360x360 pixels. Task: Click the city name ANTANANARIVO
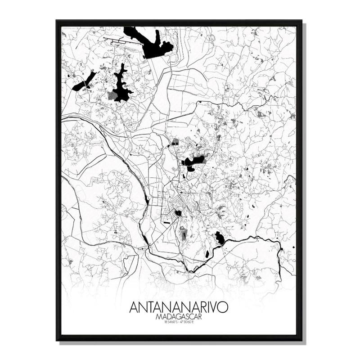[x=179, y=307]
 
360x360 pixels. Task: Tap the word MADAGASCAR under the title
[x=179, y=317]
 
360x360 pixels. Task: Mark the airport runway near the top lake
[x=121, y=42]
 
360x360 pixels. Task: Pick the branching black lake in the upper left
[x=121, y=85]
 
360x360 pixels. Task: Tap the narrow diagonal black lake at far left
[x=85, y=81]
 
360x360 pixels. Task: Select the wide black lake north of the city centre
[x=193, y=162]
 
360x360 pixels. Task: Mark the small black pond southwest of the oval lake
[x=207, y=254]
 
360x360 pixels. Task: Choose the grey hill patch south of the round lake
[x=184, y=234]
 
